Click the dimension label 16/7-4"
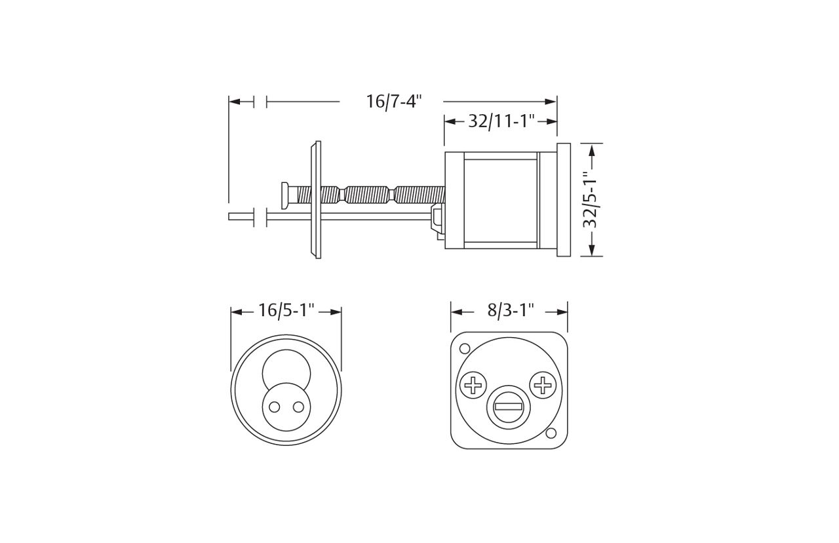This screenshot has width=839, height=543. pyautogui.click(x=393, y=102)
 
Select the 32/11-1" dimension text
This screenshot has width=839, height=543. pyautogui.click(x=501, y=121)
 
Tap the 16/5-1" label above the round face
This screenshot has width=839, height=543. pyautogui.click(x=286, y=311)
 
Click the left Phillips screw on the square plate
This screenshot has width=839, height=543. pyautogui.click(x=473, y=385)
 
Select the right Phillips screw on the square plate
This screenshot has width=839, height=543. pyautogui.click(x=543, y=384)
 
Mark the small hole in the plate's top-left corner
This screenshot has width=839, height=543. pyautogui.click(x=465, y=348)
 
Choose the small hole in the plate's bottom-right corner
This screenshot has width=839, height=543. pyautogui.click(x=551, y=433)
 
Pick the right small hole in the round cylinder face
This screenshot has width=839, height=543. pyautogui.click(x=298, y=407)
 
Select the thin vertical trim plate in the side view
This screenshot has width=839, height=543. pyautogui.click(x=317, y=199)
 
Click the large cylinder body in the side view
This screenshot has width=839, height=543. pyautogui.click(x=501, y=200)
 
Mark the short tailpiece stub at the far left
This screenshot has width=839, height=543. pyautogui.click(x=241, y=216)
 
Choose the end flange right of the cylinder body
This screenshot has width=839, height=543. pyautogui.click(x=563, y=199)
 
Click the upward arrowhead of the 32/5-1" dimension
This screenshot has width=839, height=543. pyautogui.click(x=592, y=150)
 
